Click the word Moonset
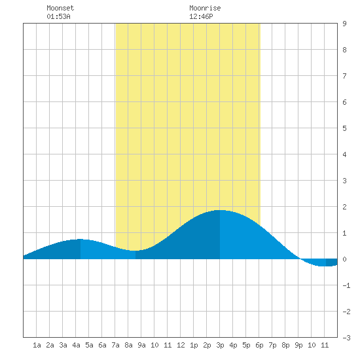(x=60, y=8)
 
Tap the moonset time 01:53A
(x=58, y=16)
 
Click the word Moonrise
(x=205, y=8)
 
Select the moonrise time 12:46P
(x=201, y=16)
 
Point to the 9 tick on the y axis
(x=344, y=24)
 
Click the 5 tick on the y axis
(x=344, y=128)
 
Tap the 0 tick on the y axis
(x=344, y=259)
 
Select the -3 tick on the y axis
(x=346, y=338)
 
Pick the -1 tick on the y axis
(x=346, y=285)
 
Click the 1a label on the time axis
(x=37, y=345)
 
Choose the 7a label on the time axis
(x=115, y=345)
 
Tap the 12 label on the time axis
(x=181, y=345)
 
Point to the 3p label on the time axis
(x=220, y=345)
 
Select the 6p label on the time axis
(x=259, y=345)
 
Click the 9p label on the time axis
(x=298, y=345)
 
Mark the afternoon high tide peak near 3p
(x=220, y=210)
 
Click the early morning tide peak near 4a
(x=81, y=239)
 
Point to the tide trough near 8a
(x=135, y=251)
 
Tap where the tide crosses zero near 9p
(x=300, y=259)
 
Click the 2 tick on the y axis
(x=344, y=207)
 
